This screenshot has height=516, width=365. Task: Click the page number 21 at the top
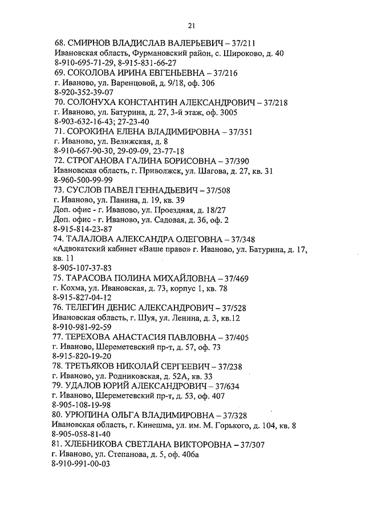[191, 24]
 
